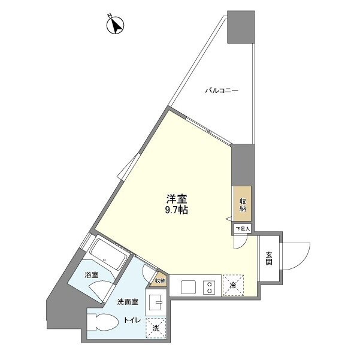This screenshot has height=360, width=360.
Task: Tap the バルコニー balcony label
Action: tap(222, 90)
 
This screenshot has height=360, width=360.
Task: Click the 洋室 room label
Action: tap(177, 199)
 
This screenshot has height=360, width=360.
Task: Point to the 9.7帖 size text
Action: tap(177, 210)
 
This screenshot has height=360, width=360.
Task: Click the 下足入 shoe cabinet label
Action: tap(243, 229)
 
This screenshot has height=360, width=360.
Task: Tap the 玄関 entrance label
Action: tap(269, 259)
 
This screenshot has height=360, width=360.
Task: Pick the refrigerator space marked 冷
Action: tap(233, 285)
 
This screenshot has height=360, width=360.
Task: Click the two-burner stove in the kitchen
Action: tap(209, 287)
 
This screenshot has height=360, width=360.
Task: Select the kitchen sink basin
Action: tap(188, 287)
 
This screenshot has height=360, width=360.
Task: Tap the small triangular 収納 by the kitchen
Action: tap(159, 280)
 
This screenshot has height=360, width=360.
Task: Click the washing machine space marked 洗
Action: tap(156, 328)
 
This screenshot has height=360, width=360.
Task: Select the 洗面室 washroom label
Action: tap(128, 302)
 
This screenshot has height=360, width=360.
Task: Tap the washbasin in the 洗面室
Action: tap(156, 302)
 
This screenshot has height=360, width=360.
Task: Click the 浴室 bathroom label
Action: tap(92, 275)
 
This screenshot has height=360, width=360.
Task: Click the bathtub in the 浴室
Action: tap(108, 255)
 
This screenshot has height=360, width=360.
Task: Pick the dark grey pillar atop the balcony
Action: tap(241, 27)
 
